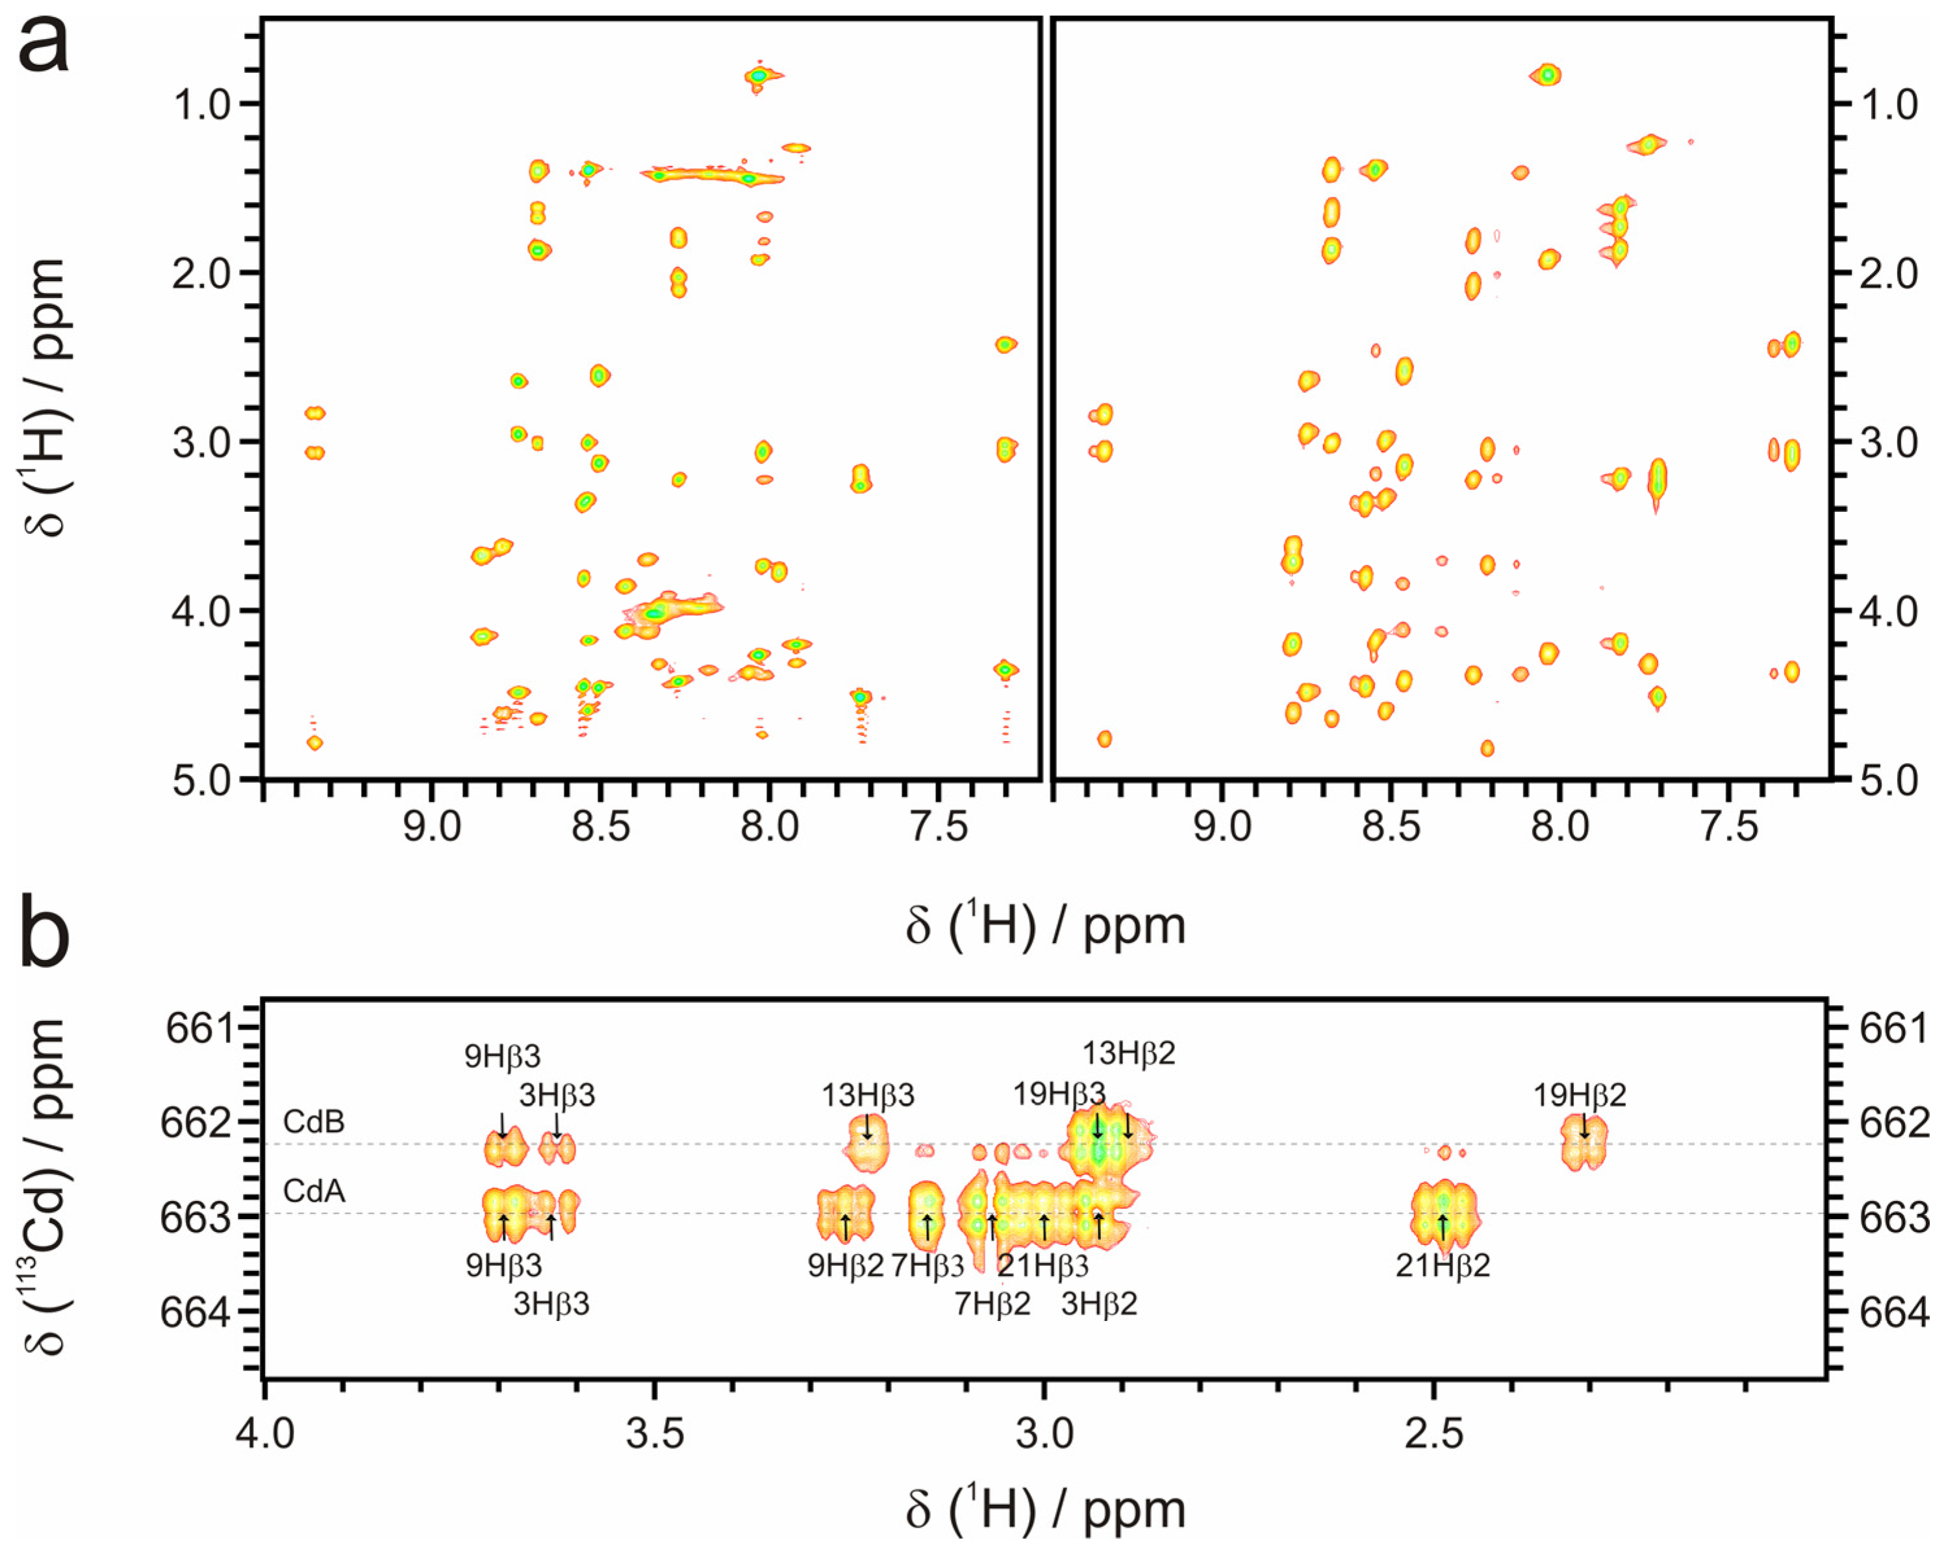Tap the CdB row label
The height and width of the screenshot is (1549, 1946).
point(313,1122)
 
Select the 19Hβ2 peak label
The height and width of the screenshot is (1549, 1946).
point(1580,1096)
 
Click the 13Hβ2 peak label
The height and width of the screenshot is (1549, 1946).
point(1128,1053)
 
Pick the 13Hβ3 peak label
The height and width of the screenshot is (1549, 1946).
point(867,1096)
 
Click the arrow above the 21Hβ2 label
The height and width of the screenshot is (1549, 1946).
point(1443,1228)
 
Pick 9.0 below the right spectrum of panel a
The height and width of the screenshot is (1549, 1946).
point(1222,826)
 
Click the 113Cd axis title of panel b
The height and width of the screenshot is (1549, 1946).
point(45,1188)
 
